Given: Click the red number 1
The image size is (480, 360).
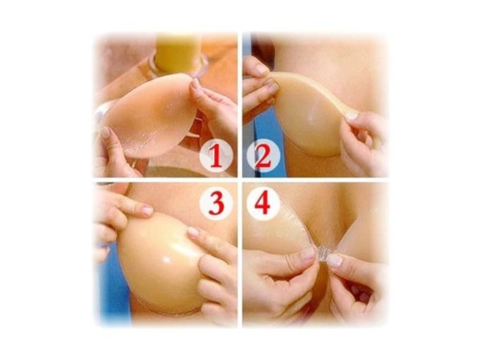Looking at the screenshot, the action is [217, 156].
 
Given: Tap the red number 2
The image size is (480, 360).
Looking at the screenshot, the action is [263, 156].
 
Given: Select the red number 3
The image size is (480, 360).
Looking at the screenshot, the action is [217, 203].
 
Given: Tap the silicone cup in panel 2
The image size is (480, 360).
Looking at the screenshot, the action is [309, 113].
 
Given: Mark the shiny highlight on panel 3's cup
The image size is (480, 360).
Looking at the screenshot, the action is [167, 260].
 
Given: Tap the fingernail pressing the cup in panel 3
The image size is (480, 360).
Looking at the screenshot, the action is [193, 232].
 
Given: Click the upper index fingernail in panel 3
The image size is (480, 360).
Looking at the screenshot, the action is [148, 210].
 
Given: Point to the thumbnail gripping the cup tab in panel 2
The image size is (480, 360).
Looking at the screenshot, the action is [353, 115].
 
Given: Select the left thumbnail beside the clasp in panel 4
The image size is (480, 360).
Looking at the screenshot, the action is [307, 254].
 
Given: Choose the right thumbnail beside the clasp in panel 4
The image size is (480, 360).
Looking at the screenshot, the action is [335, 260].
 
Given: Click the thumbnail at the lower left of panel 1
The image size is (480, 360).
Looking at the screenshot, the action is [106, 132].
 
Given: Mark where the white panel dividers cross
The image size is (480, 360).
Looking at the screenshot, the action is [240, 179].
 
